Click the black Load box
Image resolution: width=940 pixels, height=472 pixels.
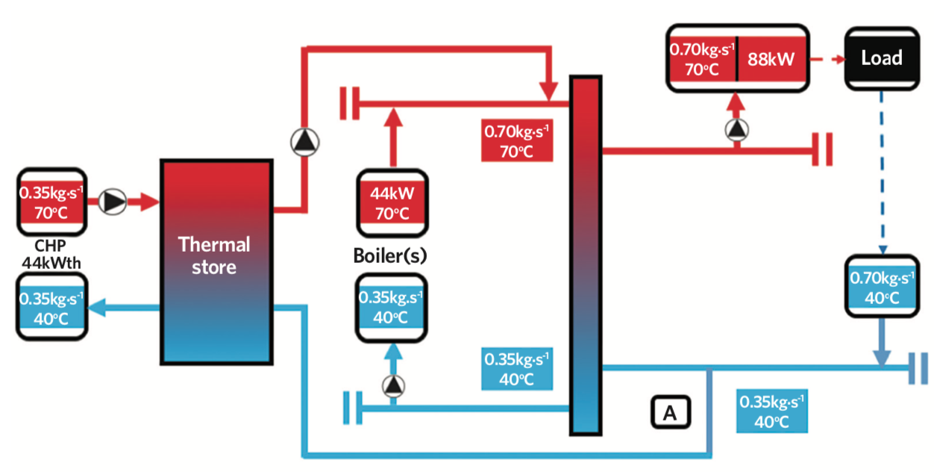881,58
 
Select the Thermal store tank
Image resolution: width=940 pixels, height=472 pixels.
215,261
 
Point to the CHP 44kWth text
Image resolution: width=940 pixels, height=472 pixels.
51,254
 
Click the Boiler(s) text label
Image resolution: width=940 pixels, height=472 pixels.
389,255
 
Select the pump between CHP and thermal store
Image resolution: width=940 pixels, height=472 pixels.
113,202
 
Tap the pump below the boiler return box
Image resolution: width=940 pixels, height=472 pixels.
392,385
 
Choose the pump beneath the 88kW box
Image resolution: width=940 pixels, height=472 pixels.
736,131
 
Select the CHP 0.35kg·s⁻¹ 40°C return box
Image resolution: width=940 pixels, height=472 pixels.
51,307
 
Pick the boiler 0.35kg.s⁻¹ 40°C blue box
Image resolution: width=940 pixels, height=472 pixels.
390,308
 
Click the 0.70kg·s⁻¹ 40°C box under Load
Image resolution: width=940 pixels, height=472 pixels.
882,288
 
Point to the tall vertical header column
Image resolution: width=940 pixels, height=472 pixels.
586,254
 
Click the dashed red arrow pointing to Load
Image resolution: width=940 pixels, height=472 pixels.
825,58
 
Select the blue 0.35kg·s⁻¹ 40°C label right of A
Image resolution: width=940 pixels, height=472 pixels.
771,411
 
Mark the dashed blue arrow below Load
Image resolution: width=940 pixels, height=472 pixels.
882,172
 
